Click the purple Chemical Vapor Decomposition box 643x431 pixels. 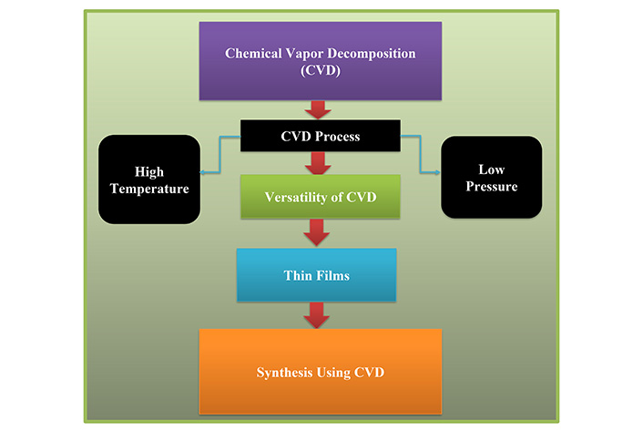[x=321, y=61]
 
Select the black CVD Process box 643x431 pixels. [x=321, y=136]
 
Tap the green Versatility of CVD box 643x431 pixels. [x=321, y=197]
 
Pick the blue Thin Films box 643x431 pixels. [x=317, y=275]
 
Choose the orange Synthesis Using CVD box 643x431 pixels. [x=321, y=372]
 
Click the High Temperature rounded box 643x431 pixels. [x=149, y=180]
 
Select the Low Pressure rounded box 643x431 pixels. [x=491, y=177]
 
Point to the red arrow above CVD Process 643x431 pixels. [x=318, y=110]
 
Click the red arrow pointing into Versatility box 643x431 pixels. [x=318, y=163]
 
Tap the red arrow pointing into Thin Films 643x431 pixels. [x=317, y=232]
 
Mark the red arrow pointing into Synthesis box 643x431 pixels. [x=317, y=315]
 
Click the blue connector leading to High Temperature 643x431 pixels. [x=220, y=154]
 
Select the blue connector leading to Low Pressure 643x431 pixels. [x=421, y=154]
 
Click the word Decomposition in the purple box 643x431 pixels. [x=372, y=54]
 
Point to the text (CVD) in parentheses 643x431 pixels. [x=321, y=70]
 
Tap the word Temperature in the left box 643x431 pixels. [x=149, y=189]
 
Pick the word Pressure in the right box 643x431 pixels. [x=492, y=187]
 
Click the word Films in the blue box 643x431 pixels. [x=333, y=275]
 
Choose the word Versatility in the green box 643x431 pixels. [x=296, y=198]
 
